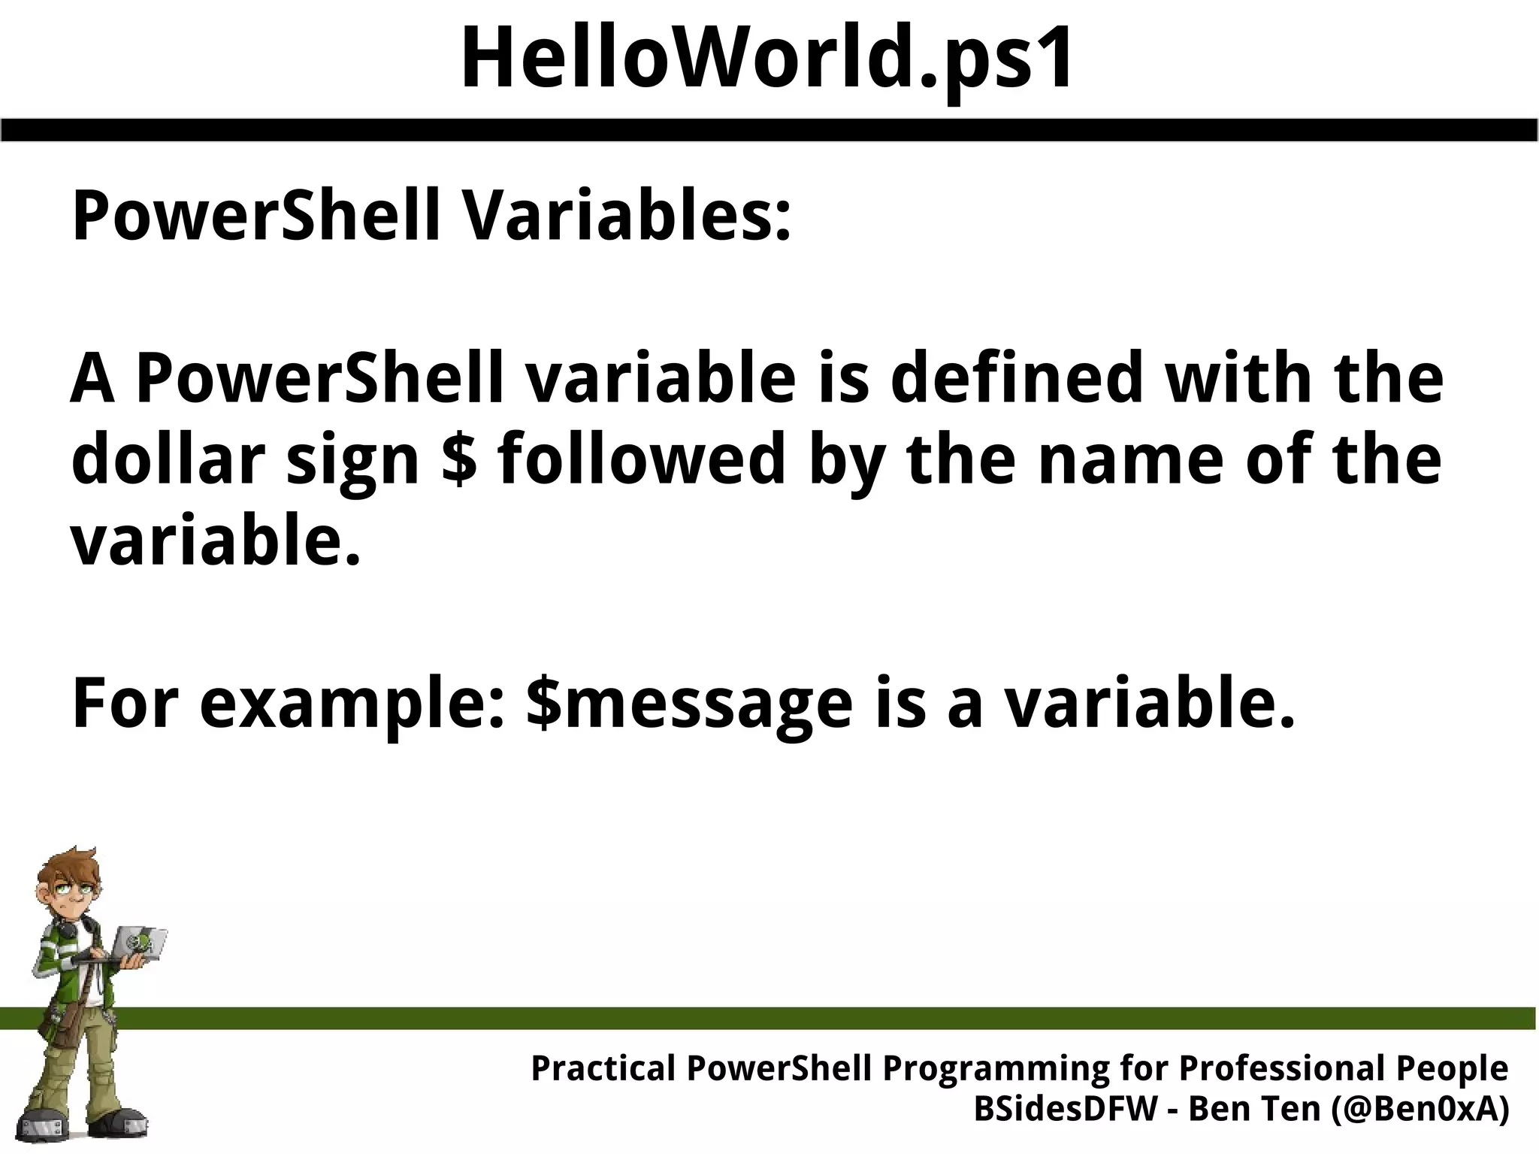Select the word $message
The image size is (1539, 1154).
(689, 704)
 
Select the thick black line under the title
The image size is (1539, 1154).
(769, 129)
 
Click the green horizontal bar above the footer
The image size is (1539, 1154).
(827, 1018)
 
